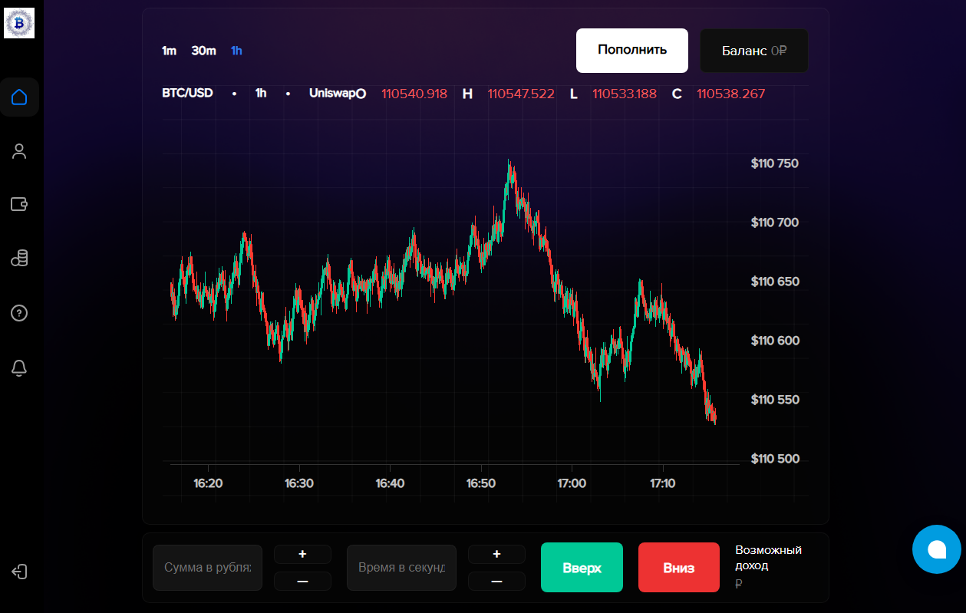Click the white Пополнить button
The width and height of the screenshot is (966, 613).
point(631,51)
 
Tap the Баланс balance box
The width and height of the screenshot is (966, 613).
point(753,51)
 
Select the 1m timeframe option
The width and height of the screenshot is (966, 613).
point(169,51)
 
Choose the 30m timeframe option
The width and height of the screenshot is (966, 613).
point(203,51)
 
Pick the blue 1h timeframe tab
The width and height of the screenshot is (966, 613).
point(236,51)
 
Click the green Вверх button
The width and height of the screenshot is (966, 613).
point(581,568)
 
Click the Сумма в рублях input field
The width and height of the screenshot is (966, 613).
point(207,568)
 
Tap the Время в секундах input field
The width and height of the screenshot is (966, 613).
point(401,568)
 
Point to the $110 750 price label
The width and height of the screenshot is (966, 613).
point(774,163)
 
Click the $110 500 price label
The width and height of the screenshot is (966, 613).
point(774,459)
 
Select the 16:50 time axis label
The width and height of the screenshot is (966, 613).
point(481,483)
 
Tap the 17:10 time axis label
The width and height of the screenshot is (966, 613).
point(662,483)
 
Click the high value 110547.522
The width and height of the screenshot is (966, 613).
point(520,94)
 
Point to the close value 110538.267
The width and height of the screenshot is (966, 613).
point(730,94)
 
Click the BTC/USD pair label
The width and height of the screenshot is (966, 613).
point(187,94)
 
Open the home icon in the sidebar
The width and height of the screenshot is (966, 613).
point(19,97)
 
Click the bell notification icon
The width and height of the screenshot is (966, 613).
point(19,367)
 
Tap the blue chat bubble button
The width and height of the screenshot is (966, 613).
point(936,549)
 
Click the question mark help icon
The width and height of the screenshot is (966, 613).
point(19,313)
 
